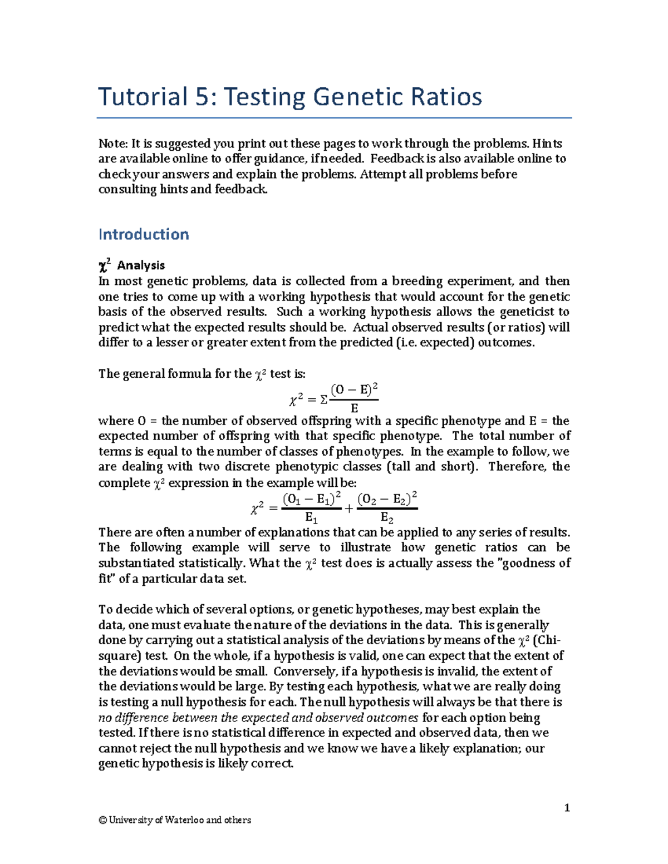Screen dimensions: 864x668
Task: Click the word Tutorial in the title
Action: tap(143, 97)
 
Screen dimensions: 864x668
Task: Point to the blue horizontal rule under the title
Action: tap(334, 118)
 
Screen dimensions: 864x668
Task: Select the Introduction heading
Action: tap(144, 234)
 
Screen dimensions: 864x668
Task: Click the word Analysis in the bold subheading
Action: tap(141, 265)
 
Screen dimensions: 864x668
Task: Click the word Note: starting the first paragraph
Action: tap(113, 144)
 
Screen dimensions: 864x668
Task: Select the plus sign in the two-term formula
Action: tap(349, 508)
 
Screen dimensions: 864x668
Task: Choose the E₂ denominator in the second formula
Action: tap(387, 518)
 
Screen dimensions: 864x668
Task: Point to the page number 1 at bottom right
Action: tap(567, 808)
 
